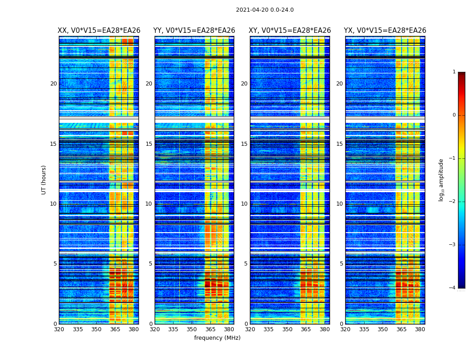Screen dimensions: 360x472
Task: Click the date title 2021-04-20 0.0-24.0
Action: [265, 10]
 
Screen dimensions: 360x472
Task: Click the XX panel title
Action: [99, 31]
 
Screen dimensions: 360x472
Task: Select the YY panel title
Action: [194, 31]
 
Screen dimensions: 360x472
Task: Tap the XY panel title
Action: [290, 31]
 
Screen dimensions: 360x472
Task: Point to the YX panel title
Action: [385, 31]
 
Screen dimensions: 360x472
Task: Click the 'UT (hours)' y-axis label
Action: [44, 180]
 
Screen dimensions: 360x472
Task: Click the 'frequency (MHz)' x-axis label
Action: [217, 338]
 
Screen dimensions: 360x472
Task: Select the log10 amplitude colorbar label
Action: [441, 180]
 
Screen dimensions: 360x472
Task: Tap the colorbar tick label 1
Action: [454, 72]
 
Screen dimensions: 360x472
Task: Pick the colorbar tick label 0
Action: [454, 115]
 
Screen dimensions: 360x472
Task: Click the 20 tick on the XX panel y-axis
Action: [53, 84]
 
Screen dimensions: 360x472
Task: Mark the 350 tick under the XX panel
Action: [96, 329]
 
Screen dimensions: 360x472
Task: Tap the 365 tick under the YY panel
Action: [210, 329]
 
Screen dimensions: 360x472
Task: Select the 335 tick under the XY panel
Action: [269, 329]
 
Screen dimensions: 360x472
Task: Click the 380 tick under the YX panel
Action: [420, 329]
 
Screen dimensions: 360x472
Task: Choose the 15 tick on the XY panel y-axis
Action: [244, 144]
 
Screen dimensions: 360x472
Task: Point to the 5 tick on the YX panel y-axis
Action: [341, 264]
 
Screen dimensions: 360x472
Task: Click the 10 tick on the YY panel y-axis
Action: [149, 204]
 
